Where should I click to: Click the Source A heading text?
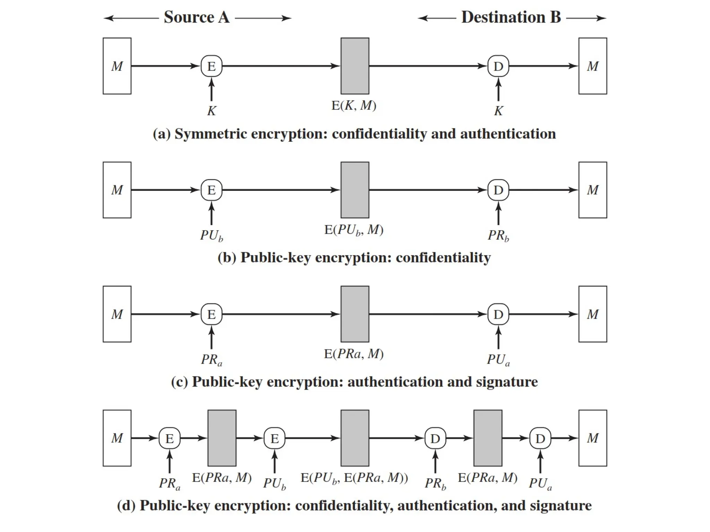pyautogui.click(x=197, y=17)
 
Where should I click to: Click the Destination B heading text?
pyautogui.click(x=511, y=17)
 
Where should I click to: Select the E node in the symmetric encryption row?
pyautogui.click(x=211, y=66)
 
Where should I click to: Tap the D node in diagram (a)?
pyautogui.click(x=498, y=66)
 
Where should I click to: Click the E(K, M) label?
pyautogui.click(x=354, y=105)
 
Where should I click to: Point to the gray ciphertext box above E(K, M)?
pyautogui.click(x=355, y=66)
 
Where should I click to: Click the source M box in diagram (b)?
pyautogui.click(x=117, y=190)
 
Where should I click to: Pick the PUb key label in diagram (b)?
pyautogui.click(x=211, y=236)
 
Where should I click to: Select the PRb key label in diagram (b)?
pyautogui.click(x=498, y=236)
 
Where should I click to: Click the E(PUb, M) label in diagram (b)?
pyautogui.click(x=354, y=230)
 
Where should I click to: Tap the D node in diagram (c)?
pyautogui.click(x=498, y=314)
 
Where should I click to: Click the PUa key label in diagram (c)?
pyautogui.click(x=498, y=360)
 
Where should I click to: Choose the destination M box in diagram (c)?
pyautogui.click(x=592, y=314)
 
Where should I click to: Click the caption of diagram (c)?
pyautogui.click(x=354, y=382)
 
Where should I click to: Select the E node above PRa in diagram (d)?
pyautogui.click(x=170, y=438)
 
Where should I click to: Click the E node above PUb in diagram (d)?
pyautogui.click(x=275, y=438)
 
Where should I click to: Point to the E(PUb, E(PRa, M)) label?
pyautogui.click(x=354, y=478)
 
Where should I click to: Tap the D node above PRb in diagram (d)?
pyautogui.click(x=435, y=438)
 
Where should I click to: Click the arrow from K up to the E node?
pyautogui.click(x=211, y=89)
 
